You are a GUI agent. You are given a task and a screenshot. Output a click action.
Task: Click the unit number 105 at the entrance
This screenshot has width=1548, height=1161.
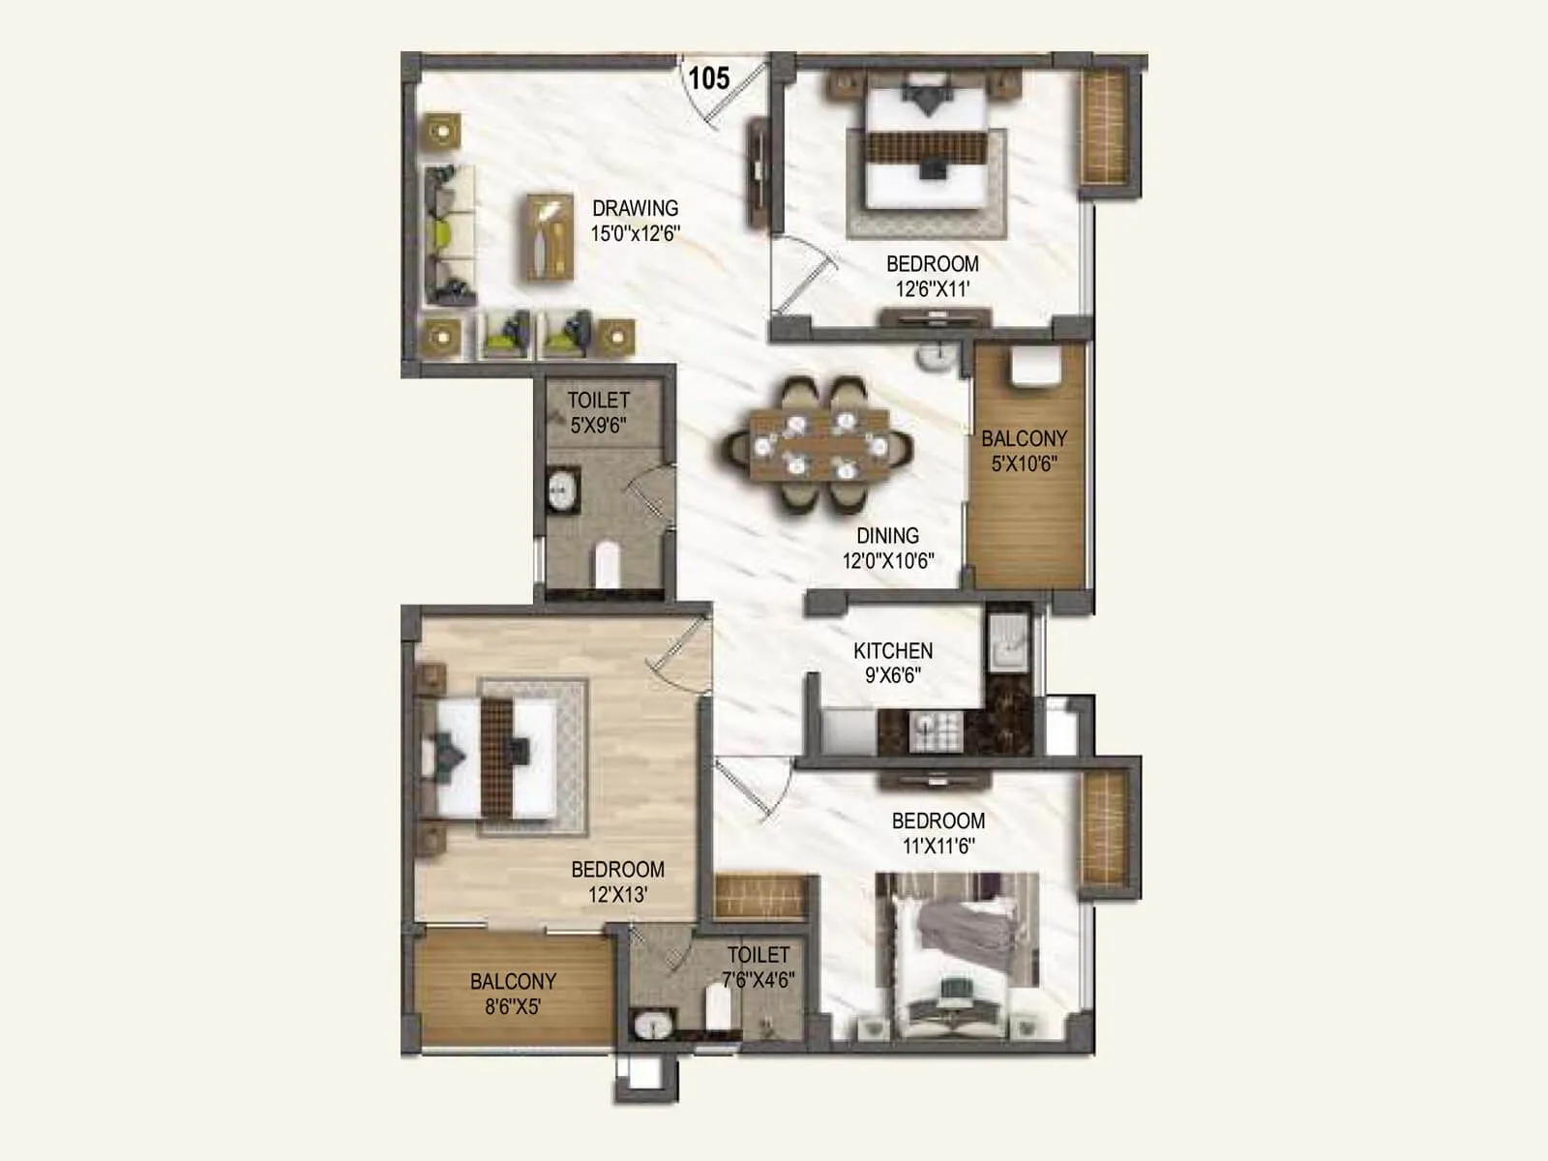coord(709,77)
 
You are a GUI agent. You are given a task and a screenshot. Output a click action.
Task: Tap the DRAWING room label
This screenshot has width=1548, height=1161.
coord(635,208)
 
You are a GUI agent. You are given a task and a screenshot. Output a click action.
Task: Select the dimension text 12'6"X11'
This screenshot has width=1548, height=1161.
coord(932,288)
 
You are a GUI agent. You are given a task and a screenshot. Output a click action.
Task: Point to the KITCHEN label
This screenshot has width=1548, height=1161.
coord(892,651)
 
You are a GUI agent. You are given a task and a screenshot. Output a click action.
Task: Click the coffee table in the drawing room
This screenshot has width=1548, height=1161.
coord(550,237)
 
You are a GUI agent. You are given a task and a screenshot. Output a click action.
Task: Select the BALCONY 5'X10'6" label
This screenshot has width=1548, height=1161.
coord(1024,451)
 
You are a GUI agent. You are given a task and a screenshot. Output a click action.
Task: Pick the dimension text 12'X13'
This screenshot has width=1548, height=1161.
coord(617,895)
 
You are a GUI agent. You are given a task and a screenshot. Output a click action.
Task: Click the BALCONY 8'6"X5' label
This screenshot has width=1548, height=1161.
coord(513,994)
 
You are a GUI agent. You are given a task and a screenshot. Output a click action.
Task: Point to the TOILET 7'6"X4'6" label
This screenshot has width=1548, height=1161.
coord(759,967)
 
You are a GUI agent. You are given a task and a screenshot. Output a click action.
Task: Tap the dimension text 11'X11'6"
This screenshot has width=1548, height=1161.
coord(938,847)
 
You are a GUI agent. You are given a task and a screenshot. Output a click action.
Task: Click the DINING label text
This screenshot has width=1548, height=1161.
coord(887,536)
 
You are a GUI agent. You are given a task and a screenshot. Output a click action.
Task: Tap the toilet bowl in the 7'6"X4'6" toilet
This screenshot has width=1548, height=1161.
coord(718,1009)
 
